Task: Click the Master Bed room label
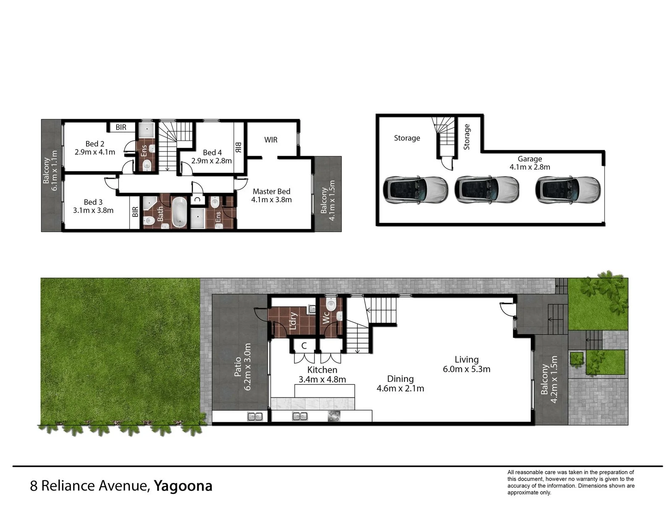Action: [x=271, y=191]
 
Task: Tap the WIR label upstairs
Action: [x=270, y=140]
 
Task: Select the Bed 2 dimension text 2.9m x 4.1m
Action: [x=95, y=152]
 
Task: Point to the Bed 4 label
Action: [x=212, y=152]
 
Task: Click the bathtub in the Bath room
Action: [x=179, y=212]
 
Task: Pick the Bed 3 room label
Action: [x=93, y=202]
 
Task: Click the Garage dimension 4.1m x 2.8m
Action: [x=530, y=167]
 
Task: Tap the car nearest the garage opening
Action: [x=568, y=190]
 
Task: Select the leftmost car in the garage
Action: [x=415, y=190]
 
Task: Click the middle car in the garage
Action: [x=487, y=190]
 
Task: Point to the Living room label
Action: [x=467, y=360]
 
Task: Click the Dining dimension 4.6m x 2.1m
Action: [x=400, y=388]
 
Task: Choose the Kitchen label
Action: [x=322, y=370]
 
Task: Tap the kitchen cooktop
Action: [x=334, y=416]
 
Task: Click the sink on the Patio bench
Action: [x=255, y=416]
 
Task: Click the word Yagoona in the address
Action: [x=183, y=486]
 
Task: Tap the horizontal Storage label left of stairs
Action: [x=407, y=138]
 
